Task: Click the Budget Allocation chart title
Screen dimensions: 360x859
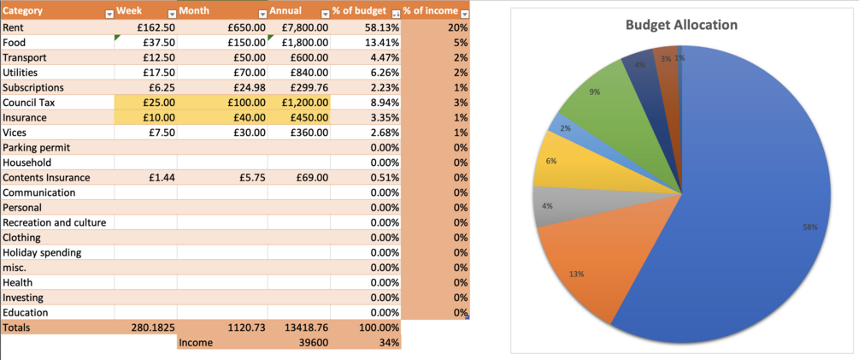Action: coord(681,25)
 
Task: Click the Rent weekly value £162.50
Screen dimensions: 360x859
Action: coord(158,27)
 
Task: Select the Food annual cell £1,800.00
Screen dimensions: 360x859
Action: coord(304,42)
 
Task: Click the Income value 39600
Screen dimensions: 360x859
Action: coord(313,342)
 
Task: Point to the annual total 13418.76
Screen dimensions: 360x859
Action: coord(304,328)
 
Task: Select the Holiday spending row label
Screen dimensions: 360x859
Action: coord(42,252)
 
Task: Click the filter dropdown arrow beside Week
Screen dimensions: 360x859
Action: coord(169,14)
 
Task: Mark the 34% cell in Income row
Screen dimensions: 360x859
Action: coord(388,342)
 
